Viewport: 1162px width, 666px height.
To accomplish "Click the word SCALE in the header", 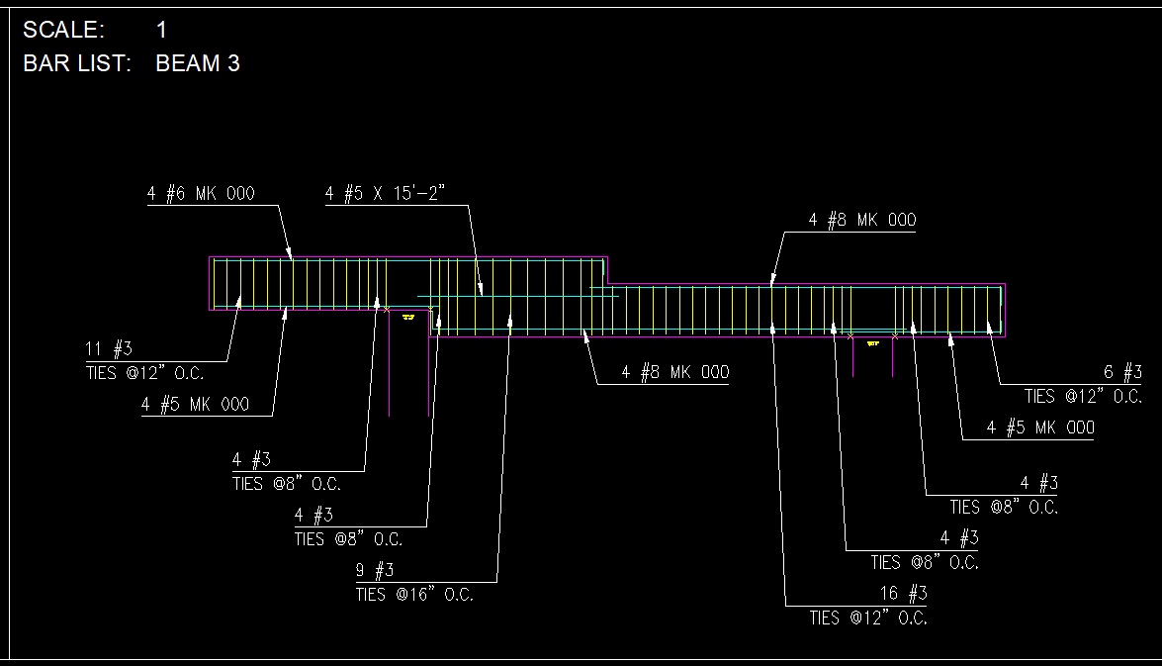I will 62,31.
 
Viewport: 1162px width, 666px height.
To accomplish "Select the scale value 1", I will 161,31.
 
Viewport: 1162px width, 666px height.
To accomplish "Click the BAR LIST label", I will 76,64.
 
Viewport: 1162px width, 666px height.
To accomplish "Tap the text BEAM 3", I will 198,64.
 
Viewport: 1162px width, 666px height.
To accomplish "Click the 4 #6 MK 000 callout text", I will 201,194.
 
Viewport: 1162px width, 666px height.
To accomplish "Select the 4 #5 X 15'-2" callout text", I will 387,194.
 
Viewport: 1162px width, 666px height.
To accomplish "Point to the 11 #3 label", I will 109,348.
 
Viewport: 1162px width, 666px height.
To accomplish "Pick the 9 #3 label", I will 375,570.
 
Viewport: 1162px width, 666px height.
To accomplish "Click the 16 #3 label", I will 903,594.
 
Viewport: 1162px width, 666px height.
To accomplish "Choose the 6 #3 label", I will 1122,372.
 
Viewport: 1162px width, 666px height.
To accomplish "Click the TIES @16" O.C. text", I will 414,595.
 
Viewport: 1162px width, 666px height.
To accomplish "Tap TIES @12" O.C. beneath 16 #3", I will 868,618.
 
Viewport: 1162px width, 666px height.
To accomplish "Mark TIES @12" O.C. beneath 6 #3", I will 1083,396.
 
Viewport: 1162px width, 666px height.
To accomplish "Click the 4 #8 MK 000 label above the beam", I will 862,220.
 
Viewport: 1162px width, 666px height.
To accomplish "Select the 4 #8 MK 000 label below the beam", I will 675,372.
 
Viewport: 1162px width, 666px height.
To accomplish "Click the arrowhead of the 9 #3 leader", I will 510,320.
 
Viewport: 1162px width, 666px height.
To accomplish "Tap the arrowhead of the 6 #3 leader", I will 989,324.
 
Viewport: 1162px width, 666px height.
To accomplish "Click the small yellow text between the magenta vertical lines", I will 873,343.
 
